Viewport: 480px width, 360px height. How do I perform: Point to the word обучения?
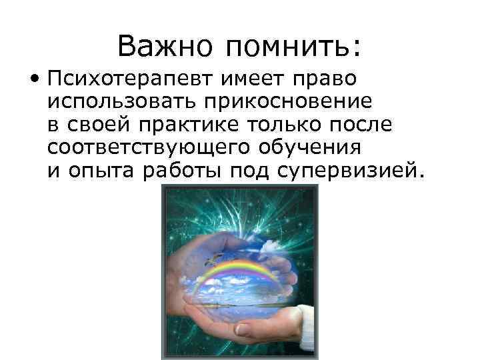coord(315,148)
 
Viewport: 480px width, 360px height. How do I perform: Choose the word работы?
coord(183,171)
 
